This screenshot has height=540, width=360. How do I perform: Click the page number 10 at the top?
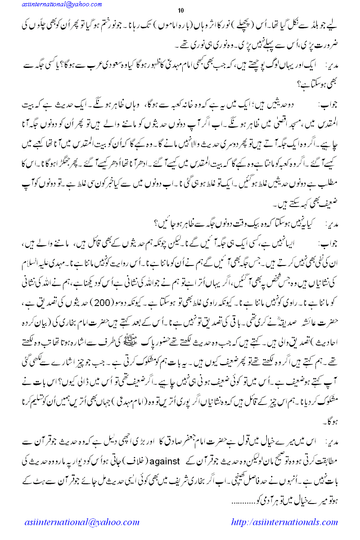click(x=181, y=10)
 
